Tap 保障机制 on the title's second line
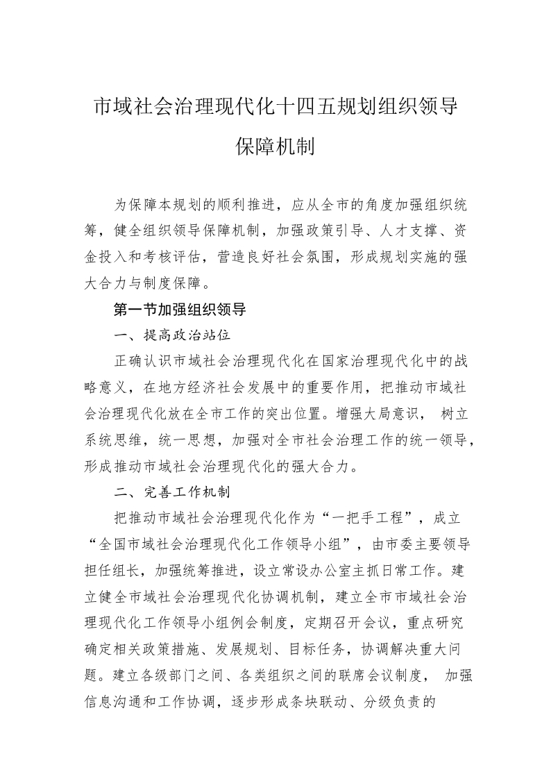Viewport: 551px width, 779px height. click(275, 146)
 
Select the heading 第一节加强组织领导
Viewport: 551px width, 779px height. click(180, 309)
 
